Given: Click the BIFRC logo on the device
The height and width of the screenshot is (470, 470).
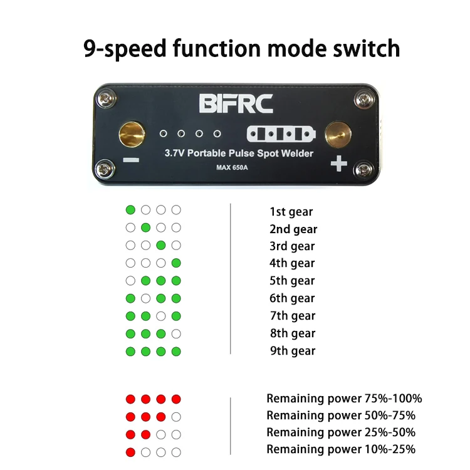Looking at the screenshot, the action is pyautogui.click(x=236, y=103).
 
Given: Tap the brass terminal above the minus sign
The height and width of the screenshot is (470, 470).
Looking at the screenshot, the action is pyautogui.click(x=132, y=133).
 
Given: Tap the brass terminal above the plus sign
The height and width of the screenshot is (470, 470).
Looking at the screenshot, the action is pyautogui.click(x=338, y=133).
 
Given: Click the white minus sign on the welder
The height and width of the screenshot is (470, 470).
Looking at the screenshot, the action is pyautogui.click(x=132, y=160).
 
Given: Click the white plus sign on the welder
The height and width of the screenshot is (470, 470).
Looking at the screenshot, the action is pyautogui.click(x=338, y=164).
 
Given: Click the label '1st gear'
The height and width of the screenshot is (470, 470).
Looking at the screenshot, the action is pyautogui.click(x=291, y=212).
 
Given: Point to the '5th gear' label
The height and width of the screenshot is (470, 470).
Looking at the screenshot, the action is pyautogui.click(x=292, y=281).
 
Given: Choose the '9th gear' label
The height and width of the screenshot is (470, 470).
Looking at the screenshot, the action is pyautogui.click(x=292, y=351).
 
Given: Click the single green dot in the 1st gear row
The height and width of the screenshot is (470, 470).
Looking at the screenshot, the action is pyautogui.click(x=130, y=210).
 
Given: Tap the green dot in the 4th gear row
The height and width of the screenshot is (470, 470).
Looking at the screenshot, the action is pyautogui.click(x=176, y=263).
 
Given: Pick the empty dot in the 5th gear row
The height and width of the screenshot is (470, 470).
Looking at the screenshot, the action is pyautogui.click(x=130, y=280).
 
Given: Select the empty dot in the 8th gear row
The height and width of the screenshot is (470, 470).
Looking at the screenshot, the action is pyautogui.click(x=176, y=333).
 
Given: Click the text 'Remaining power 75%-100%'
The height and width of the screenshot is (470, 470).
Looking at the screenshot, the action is pyautogui.click(x=344, y=399).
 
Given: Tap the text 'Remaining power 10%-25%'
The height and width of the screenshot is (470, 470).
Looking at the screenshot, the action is pyautogui.click(x=341, y=449).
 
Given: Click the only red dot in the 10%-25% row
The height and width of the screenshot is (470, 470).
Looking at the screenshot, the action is pyautogui.click(x=130, y=452).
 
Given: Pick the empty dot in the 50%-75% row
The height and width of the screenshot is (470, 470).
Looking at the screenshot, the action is pyautogui.click(x=176, y=417).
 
